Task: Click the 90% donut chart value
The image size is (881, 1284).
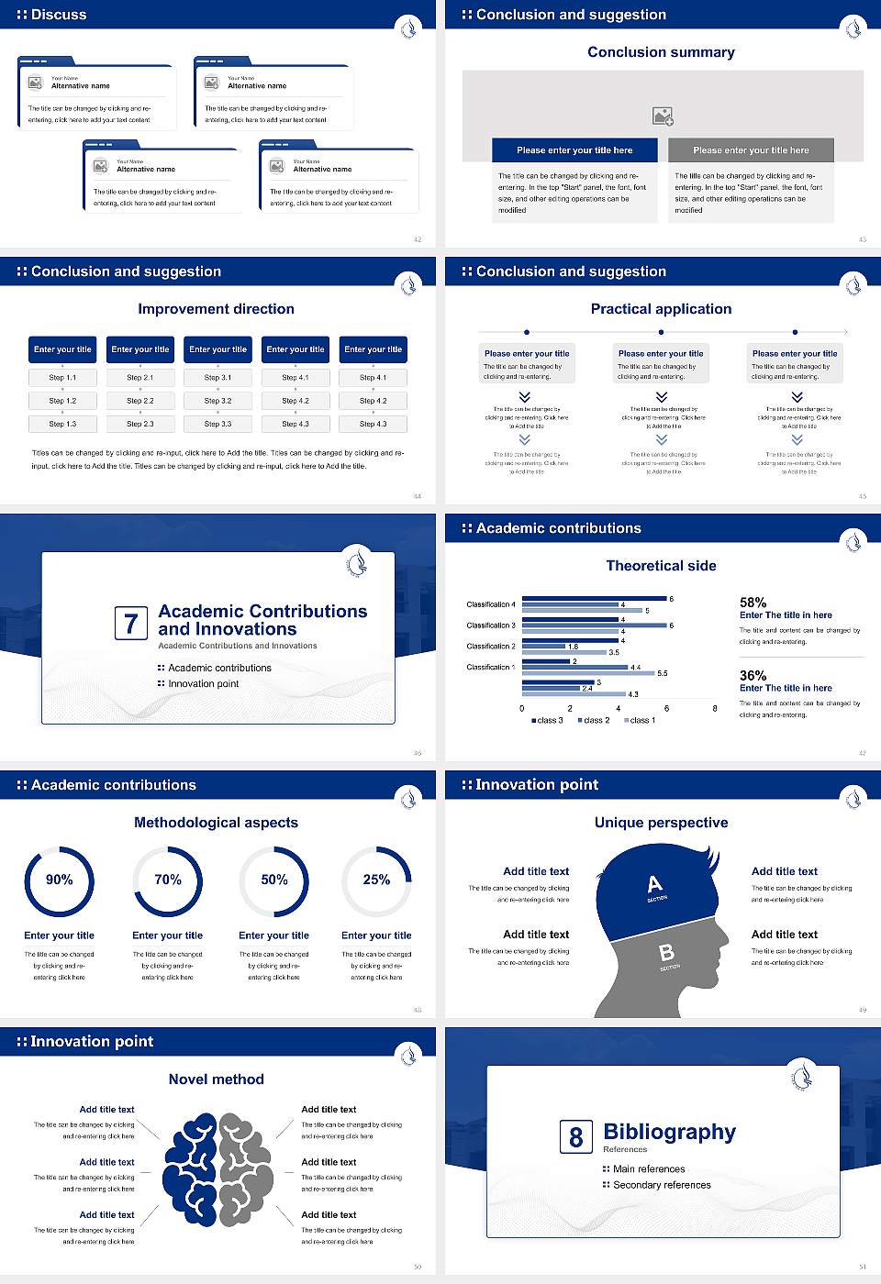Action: [60, 880]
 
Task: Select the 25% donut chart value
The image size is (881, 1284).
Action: [376, 880]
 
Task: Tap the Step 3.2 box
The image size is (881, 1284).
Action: [217, 401]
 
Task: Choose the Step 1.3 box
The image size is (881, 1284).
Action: [62, 424]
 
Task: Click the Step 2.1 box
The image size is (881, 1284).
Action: [139, 377]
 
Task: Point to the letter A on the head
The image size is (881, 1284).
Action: [654, 884]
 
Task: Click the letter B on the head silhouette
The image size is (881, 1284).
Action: [666, 954]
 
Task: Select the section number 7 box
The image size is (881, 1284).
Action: [130, 624]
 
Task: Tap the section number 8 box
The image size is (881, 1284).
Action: [575, 1137]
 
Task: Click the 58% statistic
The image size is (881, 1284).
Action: [753, 603]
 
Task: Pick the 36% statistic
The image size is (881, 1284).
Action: [753, 675]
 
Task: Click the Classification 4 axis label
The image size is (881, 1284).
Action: [491, 604]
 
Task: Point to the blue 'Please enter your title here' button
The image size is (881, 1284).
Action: [574, 150]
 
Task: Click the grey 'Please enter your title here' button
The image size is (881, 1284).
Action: [751, 150]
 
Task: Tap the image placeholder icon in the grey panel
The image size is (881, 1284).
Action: [663, 116]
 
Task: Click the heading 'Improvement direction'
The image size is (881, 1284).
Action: [216, 309]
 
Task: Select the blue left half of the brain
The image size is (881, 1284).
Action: [191, 1169]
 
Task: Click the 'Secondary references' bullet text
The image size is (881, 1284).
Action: [661, 1185]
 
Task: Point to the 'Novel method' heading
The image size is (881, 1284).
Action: [216, 1079]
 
